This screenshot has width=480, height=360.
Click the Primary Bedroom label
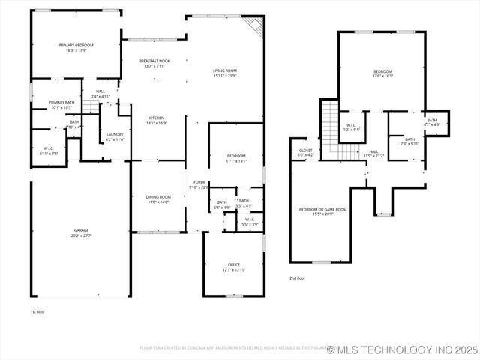[x=74, y=46]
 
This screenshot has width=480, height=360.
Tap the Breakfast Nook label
[x=154, y=61]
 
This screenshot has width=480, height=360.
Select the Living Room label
[x=225, y=70]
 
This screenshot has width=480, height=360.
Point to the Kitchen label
[x=156, y=118]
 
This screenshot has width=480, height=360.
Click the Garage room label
[x=81, y=230]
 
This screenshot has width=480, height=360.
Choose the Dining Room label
[x=157, y=197]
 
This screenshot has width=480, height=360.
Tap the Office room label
[x=233, y=264]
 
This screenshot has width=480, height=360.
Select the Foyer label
[x=199, y=182]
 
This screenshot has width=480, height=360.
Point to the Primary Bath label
[x=61, y=103]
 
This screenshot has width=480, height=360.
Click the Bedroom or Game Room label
[x=322, y=210]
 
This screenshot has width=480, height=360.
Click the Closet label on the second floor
[x=306, y=150]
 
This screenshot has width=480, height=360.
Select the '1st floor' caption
[x=37, y=311]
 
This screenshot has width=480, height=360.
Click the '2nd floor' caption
[x=297, y=278]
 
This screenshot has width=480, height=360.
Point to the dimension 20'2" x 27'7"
[x=81, y=235]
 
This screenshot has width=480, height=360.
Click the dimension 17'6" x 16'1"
[x=384, y=76]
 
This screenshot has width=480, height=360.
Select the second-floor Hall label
[x=373, y=151]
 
